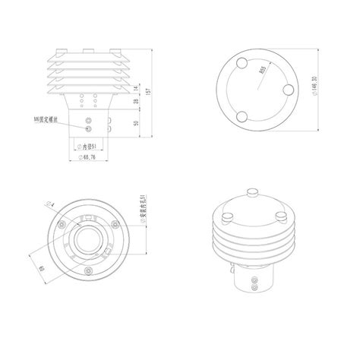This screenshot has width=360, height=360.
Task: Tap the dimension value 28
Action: [x=137, y=102]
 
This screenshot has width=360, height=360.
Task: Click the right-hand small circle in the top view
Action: [x=288, y=90]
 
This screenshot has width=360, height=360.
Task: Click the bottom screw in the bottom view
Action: [x=90, y=272]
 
